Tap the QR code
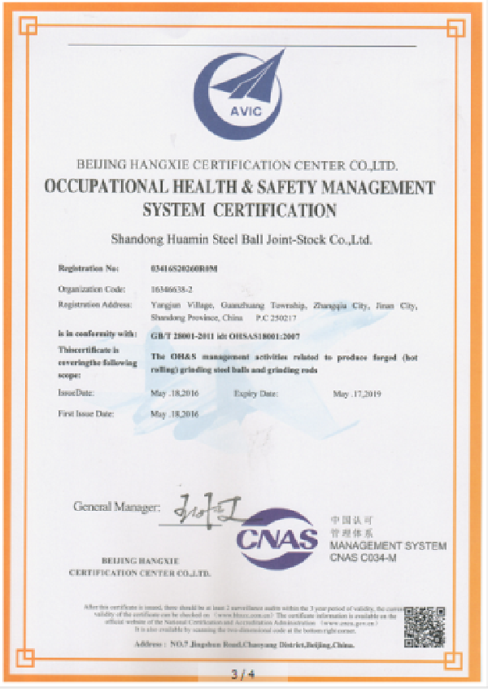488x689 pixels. [x=425, y=625]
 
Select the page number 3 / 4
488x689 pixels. [x=243, y=674]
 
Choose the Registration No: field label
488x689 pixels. [x=89, y=268]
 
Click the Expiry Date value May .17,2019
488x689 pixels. [x=359, y=394]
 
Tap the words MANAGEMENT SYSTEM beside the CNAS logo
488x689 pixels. [x=388, y=545]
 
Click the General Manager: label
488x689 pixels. [x=113, y=507]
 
